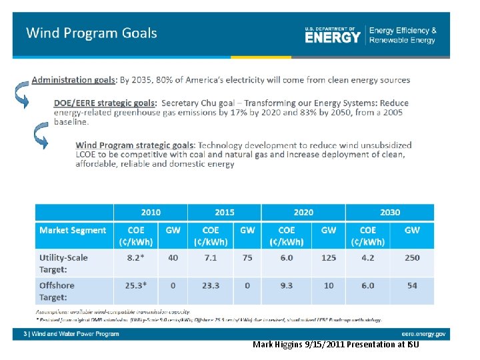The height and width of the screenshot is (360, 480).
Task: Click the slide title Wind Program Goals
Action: point(91,33)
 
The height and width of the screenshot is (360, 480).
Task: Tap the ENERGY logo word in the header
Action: point(333,37)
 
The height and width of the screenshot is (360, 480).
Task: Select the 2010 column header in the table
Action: point(150,212)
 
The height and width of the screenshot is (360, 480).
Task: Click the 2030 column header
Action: point(389,212)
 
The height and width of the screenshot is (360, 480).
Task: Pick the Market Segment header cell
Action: point(73,230)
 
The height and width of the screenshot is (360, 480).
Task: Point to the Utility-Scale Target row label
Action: point(63,263)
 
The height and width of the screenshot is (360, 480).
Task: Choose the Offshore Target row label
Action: point(57,291)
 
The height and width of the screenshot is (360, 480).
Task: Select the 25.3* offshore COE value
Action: point(135,285)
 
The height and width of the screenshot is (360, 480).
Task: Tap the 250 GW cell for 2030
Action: point(412,257)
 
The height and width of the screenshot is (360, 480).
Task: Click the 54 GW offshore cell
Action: point(412,285)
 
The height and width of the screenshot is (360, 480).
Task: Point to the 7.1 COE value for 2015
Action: point(211,257)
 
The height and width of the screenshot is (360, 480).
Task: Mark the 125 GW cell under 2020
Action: point(329,257)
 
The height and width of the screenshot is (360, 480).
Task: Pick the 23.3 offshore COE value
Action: point(211,285)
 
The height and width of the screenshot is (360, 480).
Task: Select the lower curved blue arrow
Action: point(41,138)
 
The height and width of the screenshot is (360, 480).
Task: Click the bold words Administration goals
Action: point(73,80)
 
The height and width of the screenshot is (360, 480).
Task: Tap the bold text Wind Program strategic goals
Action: point(135,145)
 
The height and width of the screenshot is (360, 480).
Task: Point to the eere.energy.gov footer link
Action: point(423,334)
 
